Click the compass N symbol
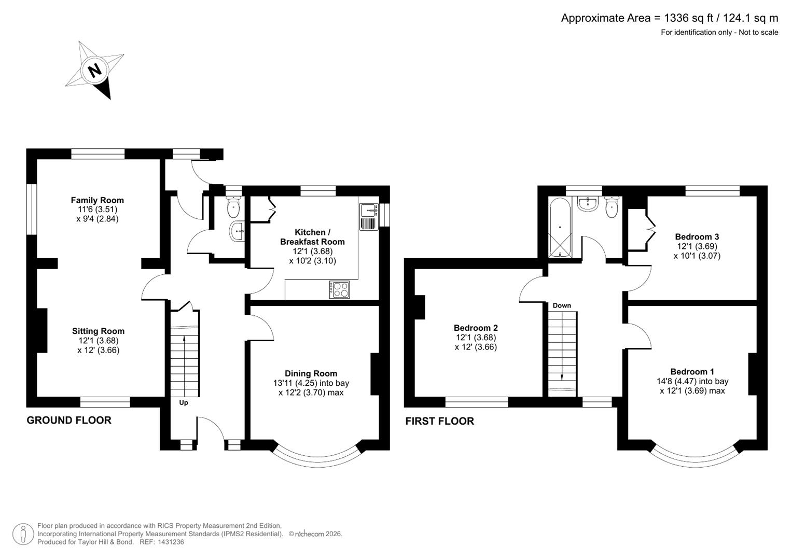pos(94,70)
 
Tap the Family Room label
pos(98,200)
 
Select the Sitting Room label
pos(98,331)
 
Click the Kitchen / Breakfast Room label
pos(312,237)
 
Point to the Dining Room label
pos(311,373)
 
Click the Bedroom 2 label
pos(476,328)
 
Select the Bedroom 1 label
pos(692,371)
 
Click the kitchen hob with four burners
pos(340,289)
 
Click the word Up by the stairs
pos(184,403)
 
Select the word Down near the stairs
pos(562,305)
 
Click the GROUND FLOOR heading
pos(69,420)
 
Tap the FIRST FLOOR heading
pos(439,421)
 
